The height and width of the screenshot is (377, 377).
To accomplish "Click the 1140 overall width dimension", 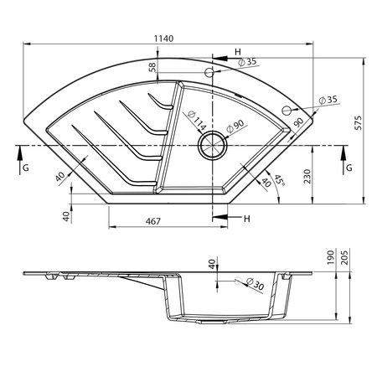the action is (x=164, y=39).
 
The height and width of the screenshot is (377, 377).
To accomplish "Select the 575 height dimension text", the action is (x=358, y=123).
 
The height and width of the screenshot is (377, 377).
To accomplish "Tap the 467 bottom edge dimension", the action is (x=153, y=221).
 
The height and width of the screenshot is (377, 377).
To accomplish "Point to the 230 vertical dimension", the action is (x=307, y=176).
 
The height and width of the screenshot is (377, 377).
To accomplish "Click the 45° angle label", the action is (x=280, y=181).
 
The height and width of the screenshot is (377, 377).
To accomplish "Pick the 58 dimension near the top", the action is (x=152, y=67).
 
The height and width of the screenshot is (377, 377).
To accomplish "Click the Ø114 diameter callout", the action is (x=197, y=121).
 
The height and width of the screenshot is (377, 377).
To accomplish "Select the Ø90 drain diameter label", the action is (x=235, y=127).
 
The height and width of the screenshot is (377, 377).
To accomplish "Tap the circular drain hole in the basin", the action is (x=213, y=145).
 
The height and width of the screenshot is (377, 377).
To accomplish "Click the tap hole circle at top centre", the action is (x=209, y=73).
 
